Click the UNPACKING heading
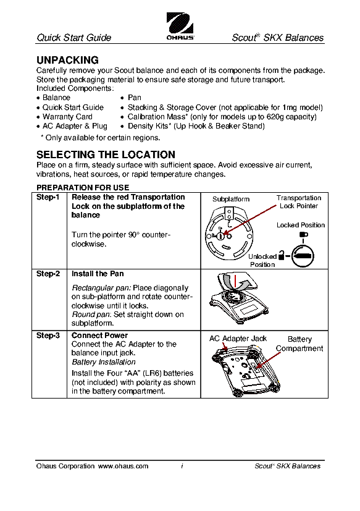[x=67, y=60]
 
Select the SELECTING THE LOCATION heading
[x=106, y=154]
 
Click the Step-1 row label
[x=48, y=197]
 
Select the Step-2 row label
[x=48, y=274]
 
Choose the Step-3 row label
[x=48, y=336]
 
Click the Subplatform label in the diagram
[x=231, y=199]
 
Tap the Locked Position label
[x=301, y=225]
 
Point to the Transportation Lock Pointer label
[x=299, y=201]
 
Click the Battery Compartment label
[x=299, y=344]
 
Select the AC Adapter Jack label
[x=238, y=339]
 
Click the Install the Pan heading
[x=98, y=274]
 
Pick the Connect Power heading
[x=99, y=336]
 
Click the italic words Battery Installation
[x=104, y=362]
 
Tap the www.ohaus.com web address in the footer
[x=123, y=466]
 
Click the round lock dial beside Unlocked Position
[x=303, y=256]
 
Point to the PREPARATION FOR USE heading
[x=83, y=188]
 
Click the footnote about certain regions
[x=101, y=138]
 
